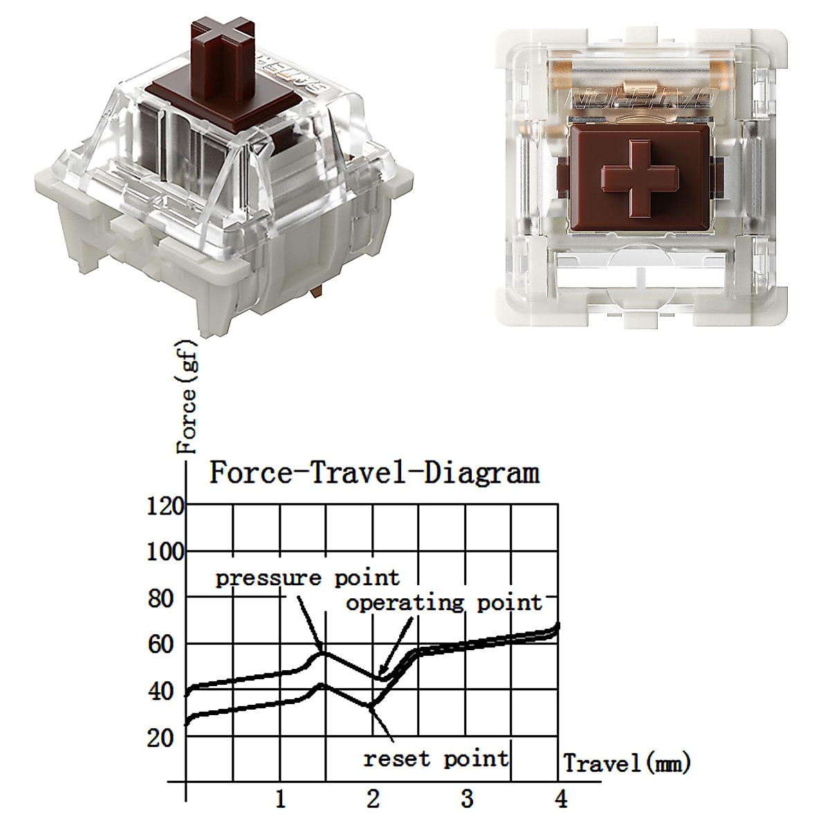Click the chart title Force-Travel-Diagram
coord(374,474)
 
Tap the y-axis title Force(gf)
coord(187,397)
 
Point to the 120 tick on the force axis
coord(165,506)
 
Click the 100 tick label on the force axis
coord(165,552)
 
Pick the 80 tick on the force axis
coord(160,599)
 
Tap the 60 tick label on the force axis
coord(160,645)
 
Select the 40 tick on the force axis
coord(160,691)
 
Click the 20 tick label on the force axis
coord(160,738)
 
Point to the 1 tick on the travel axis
coord(281,799)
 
